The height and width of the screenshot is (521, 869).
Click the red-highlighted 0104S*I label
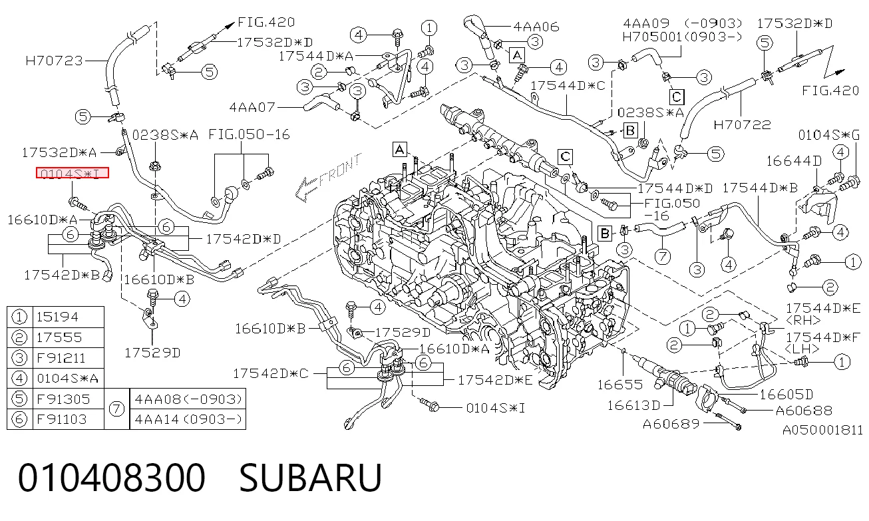point(72,173)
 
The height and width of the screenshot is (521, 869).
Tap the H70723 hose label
point(55,61)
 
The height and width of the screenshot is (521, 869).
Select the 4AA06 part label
point(536,27)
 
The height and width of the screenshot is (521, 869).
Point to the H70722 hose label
point(742,124)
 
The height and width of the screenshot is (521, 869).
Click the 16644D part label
point(794,160)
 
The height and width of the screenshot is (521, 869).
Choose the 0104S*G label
point(829,135)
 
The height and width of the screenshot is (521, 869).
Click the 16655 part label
point(620,385)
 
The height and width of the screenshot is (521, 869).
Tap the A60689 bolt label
point(671,424)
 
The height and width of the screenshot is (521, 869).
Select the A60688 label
point(804,411)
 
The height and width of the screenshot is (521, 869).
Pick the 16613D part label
point(633,405)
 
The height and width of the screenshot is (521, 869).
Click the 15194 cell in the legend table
point(57,317)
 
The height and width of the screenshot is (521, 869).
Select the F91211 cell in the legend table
point(61,358)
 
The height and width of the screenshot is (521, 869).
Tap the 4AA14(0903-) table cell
point(188,419)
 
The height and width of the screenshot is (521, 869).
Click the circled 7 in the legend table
point(116,409)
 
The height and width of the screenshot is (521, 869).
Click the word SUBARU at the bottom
point(311,478)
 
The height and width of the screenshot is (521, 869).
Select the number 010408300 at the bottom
point(112,478)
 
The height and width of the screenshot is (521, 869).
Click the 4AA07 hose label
point(252,107)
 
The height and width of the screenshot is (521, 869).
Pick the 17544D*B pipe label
point(760,188)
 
